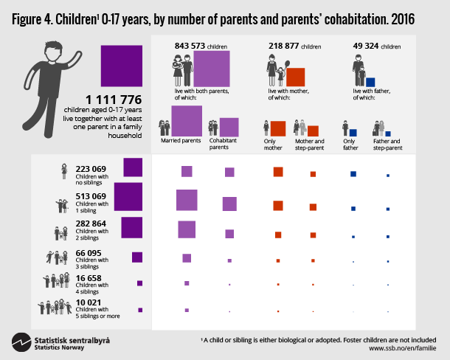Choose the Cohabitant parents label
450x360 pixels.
pos(224,143)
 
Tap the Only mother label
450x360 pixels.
pos(273,143)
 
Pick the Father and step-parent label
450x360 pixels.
pos(387,143)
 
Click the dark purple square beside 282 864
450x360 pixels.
pos(131,227)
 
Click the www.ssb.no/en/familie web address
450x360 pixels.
pos(404,347)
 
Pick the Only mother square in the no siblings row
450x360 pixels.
pos(278,172)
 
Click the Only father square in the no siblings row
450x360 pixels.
pos(353,173)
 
